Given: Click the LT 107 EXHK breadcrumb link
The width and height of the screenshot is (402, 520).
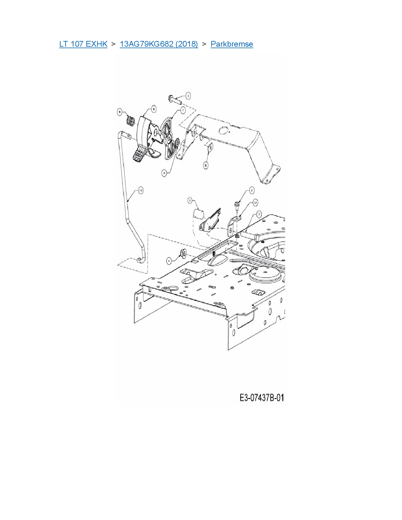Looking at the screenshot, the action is point(83,44).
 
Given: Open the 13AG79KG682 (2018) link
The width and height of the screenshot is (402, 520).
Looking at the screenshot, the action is point(159,44).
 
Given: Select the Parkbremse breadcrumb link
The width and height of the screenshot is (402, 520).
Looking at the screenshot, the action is point(232,44).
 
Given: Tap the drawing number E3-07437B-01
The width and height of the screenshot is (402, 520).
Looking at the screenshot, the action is point(262,398).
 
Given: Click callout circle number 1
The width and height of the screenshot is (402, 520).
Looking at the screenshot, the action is point(188,95).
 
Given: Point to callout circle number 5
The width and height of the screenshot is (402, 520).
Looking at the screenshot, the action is point(206,165).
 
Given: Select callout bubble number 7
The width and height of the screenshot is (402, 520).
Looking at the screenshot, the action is point(183,110).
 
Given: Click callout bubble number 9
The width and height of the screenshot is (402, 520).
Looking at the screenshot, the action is point(164,173).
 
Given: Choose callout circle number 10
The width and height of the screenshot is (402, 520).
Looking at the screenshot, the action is point(141,190).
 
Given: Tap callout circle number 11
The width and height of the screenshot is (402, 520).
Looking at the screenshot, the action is point(190,200).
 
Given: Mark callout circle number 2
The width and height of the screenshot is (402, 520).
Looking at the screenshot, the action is point(252,190).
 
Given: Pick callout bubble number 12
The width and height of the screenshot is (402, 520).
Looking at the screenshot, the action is point(255,203).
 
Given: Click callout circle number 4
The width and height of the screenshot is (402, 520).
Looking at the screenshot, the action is point(170,260).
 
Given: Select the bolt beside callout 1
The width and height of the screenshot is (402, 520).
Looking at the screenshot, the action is point(175,99).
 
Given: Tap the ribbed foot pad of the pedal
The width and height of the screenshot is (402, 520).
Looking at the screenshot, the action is point(139,156).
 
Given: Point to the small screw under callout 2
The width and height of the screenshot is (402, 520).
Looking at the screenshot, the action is point(236,207).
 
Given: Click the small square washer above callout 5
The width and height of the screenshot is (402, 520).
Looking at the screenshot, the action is point(209,147).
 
